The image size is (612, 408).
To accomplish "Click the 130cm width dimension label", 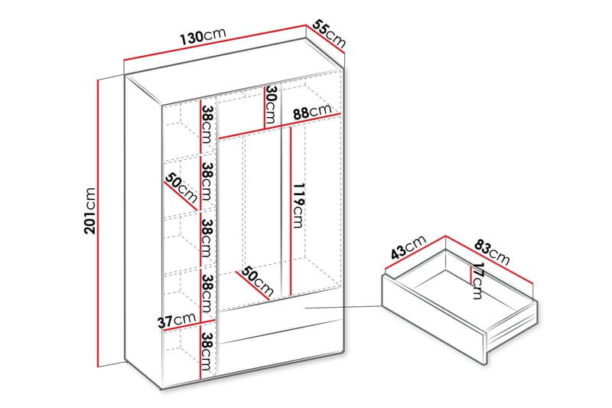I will (203, 36).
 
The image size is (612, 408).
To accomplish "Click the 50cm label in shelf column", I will (181, 188).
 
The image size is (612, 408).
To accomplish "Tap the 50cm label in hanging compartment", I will (256, 281).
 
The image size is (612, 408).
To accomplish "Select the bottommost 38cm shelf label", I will (207, 351).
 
